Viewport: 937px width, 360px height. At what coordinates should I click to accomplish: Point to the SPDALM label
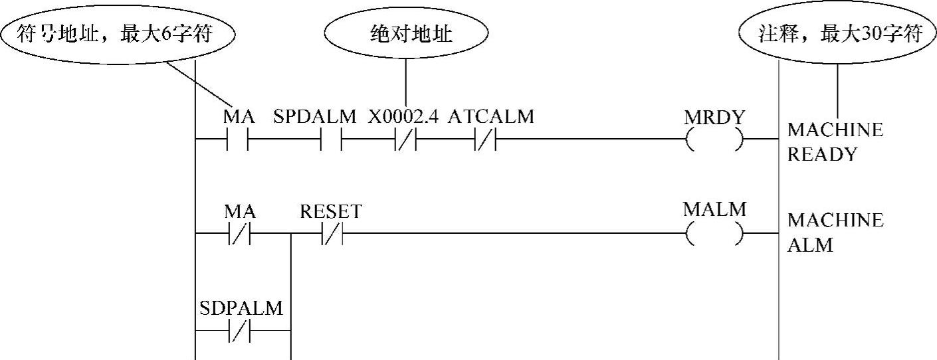tap(315, 117)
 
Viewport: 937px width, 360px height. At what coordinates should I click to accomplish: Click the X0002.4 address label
tap(404, 117)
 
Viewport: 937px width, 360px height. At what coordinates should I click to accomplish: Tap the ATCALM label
tap(490, 117)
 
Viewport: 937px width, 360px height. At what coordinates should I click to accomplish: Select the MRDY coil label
tap(714, 118)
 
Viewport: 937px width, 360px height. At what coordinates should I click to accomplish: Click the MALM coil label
tap(714, 210)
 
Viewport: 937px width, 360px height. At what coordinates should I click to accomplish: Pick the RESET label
tap(330, 212)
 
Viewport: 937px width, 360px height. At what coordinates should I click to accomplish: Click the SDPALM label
tap(241, 308)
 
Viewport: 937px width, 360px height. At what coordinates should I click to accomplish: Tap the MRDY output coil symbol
tap(714, 140)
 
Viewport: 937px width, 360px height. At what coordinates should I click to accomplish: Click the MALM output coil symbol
tap(714, 234)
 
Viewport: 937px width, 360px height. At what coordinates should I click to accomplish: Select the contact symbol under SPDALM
tap(331, 140)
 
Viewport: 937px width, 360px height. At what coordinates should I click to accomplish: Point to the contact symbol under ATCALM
tap(484, 140)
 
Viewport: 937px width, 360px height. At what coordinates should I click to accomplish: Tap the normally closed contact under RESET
tap(331, 234)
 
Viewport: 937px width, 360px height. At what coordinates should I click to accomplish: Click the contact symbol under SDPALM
tap(239, 330)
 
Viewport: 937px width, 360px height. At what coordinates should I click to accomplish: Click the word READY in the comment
tap(822, 155)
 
